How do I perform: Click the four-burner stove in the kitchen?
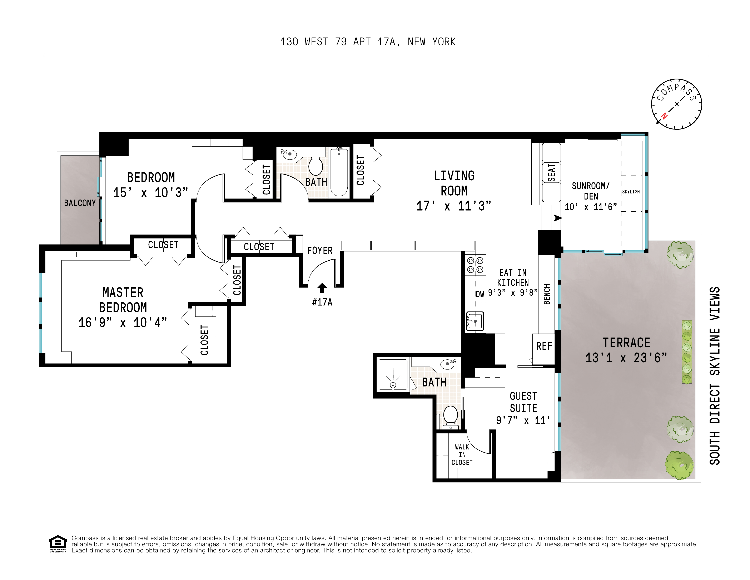(475, 265)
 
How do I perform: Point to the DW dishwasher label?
(480, 294)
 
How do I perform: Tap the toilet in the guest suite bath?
(450, 417)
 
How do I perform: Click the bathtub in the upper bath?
(339, 172)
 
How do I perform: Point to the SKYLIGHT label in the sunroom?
(632, 192)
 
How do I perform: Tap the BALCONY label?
(80, 203)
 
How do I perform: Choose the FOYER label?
(320, 250)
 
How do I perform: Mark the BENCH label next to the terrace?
(547, 294)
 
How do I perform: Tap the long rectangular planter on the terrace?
(686, 352)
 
